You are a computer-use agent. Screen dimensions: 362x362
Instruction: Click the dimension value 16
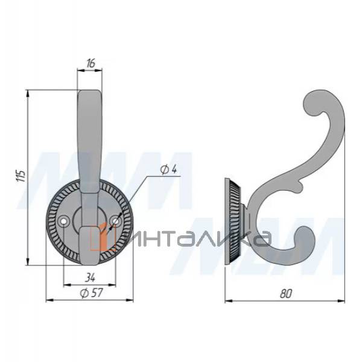[91, 63]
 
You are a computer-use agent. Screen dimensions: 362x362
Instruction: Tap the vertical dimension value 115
[22, 176]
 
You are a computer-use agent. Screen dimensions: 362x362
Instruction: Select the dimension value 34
[90, 278]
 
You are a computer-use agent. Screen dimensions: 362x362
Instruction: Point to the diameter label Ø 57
[92, 293]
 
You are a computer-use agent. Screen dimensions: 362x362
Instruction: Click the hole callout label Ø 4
[168, 170]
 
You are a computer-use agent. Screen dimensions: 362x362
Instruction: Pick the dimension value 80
[286, 294]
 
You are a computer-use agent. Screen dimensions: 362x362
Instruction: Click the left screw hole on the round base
[63, 221]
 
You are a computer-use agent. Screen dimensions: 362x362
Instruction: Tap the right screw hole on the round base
[116, 221]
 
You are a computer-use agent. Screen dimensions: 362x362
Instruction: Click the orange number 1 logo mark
[103, 236]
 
